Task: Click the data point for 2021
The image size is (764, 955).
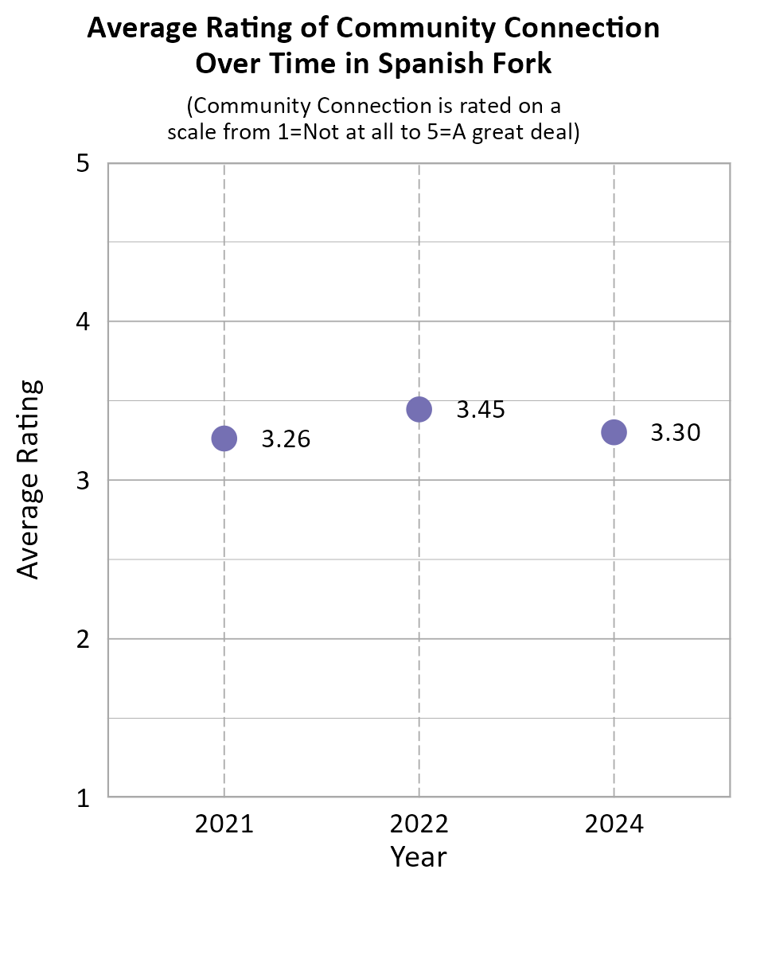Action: (x=224, y=439)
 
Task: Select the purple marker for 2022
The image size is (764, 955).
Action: (x=419, y=409)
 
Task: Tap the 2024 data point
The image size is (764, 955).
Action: (x=614, y=432)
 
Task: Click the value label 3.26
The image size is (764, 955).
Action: (x=286, y=439)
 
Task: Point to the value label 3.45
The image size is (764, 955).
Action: (x=481, y=410)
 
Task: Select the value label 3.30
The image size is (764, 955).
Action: (x=676, y=433)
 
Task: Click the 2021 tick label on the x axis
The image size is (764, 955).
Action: (x=224, y=824)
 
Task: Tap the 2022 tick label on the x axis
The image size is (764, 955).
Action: (x=419, y=824)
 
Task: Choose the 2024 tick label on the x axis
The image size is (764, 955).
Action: (x=614, y=824)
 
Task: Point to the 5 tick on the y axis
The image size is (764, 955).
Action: (x=82, y=164)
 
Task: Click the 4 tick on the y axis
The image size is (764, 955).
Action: (x=82, y=322)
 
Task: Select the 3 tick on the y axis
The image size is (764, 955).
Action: (x=82, y=481)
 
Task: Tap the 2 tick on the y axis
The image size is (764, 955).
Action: (x=82, y=639)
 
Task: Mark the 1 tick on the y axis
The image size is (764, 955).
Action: (x=82, y=797)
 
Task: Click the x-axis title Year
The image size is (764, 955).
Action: (x=419, y=857)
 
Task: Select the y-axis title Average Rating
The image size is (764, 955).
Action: (x=29, y=480)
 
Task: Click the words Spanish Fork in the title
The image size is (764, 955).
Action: (x=465, y=63)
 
